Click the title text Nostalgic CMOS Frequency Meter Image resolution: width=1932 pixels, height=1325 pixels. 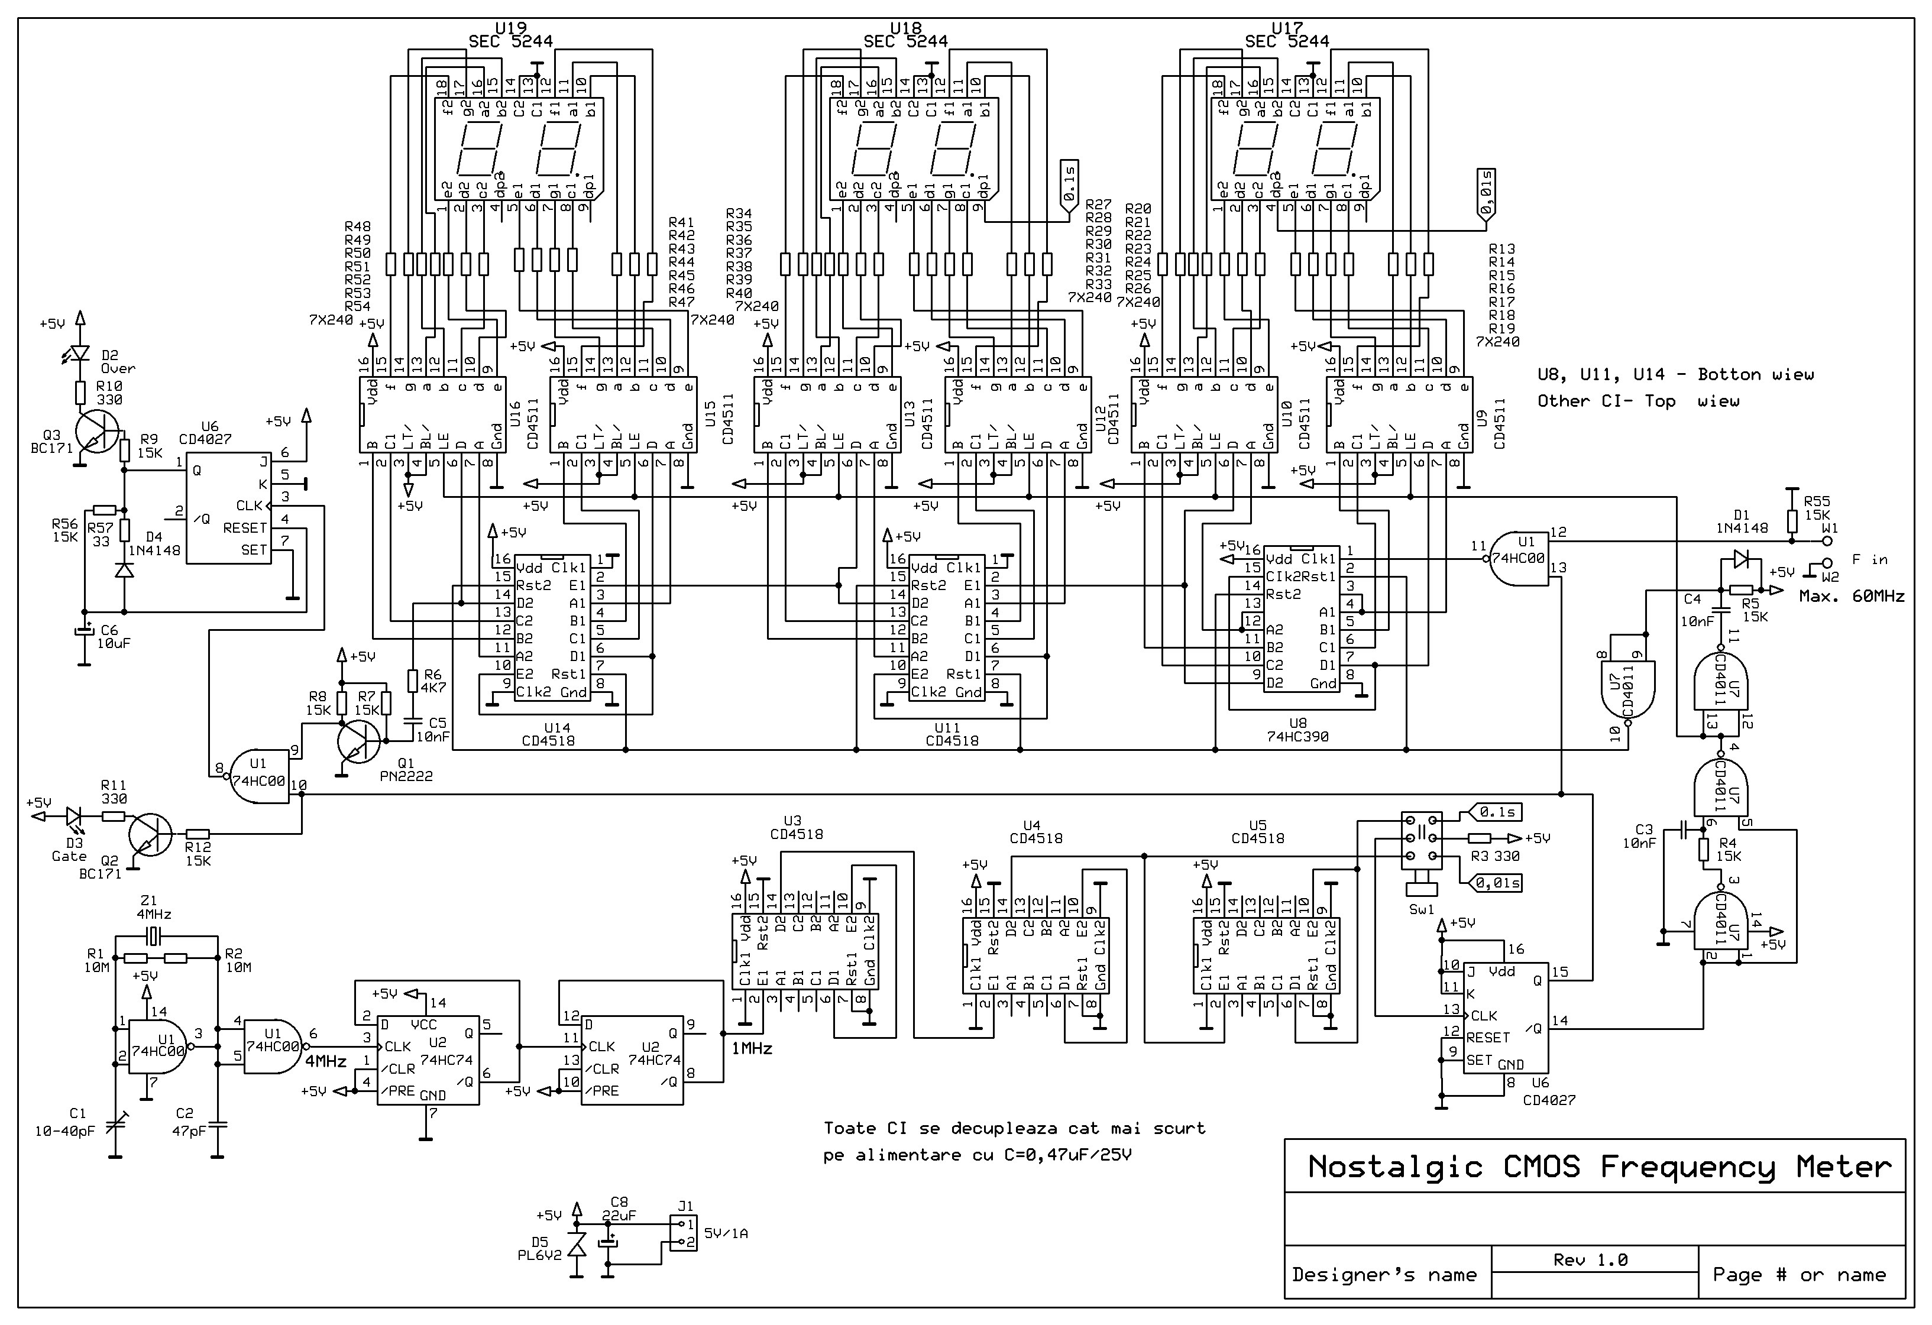coord(1600,1167)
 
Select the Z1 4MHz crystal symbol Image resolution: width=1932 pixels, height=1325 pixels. coord(153,937)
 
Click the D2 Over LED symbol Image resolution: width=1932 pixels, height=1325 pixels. coord(80,354)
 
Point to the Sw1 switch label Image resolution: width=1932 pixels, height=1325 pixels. coord(1422,909)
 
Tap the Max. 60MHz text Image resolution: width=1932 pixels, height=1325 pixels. coord(1852,596)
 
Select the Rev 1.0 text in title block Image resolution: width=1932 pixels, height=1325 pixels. coord(1590,1260)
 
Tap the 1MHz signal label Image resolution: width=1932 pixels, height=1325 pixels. coord(752,1049)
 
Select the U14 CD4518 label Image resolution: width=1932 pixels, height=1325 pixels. coord(549,734)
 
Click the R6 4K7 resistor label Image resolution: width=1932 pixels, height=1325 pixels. coord(432,682)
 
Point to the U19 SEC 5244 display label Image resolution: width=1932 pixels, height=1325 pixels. coord(510,35)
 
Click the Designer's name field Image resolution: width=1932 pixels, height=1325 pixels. coord(1384,1274)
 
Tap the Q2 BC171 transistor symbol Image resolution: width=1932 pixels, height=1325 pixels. coord(150,835)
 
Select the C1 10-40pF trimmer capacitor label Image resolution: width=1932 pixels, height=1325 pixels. coord(65,1122)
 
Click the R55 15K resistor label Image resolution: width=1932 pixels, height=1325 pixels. coord(1817,508)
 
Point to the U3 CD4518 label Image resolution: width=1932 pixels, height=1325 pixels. coord(797,827)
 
